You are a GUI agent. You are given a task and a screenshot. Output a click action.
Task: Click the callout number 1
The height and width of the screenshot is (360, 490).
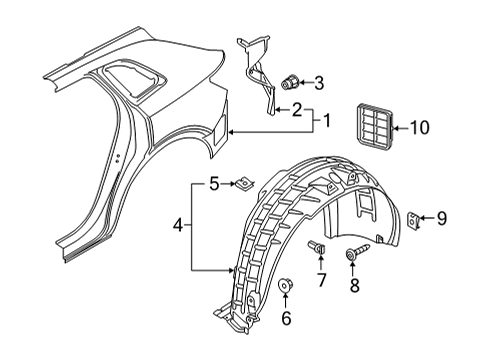pyautogui.click(x=327, y=121)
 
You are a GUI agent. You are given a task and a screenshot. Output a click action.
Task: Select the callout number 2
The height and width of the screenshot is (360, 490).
pyautogui.click(x=297, y=110)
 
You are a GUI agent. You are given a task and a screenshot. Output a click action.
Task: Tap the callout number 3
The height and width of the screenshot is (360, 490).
pyautogui.click(x=319, y=83)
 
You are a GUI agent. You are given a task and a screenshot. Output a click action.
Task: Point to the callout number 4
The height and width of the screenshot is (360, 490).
pyautogui.click(x=178, y=226)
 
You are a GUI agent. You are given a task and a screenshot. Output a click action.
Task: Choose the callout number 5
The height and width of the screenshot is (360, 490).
pyautogui.click(x=214, y=184)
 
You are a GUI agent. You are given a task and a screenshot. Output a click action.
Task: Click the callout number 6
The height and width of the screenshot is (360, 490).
pyautogui.click(x=286, y=318)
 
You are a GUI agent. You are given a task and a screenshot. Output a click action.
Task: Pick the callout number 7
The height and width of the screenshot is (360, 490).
pyautogui.click(x=321, y=280)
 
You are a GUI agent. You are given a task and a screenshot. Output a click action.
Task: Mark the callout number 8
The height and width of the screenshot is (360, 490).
pyautogui.click(x=354, y=285)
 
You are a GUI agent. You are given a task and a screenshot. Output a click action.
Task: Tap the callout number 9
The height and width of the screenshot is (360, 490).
pyautogui.click(x=441, y=219)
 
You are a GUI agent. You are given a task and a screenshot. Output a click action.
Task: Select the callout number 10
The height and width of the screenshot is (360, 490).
pyautogui.click(x=419, y=128)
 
